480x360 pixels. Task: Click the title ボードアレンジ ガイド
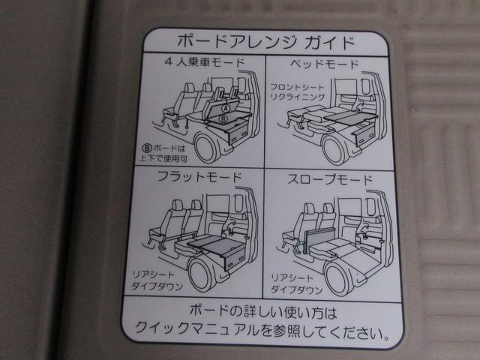[265, 42]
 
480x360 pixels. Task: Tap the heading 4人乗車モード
[205, 62]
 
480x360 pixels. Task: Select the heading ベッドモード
[325, 64]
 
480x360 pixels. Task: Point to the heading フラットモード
[199, 177]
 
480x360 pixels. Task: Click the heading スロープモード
[330, 180]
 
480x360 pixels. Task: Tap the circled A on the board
[226, 108]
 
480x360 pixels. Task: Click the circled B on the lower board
[223, 118]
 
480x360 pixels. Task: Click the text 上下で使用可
[163, 158]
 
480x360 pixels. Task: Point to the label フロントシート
[297, 87]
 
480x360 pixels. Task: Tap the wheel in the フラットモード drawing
[202, 273]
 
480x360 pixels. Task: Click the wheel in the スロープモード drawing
[339, 276]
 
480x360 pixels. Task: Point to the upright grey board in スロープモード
[318, 239]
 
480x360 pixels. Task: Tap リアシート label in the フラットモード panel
[152, 274]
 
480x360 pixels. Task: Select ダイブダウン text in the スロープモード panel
[296, 289]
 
